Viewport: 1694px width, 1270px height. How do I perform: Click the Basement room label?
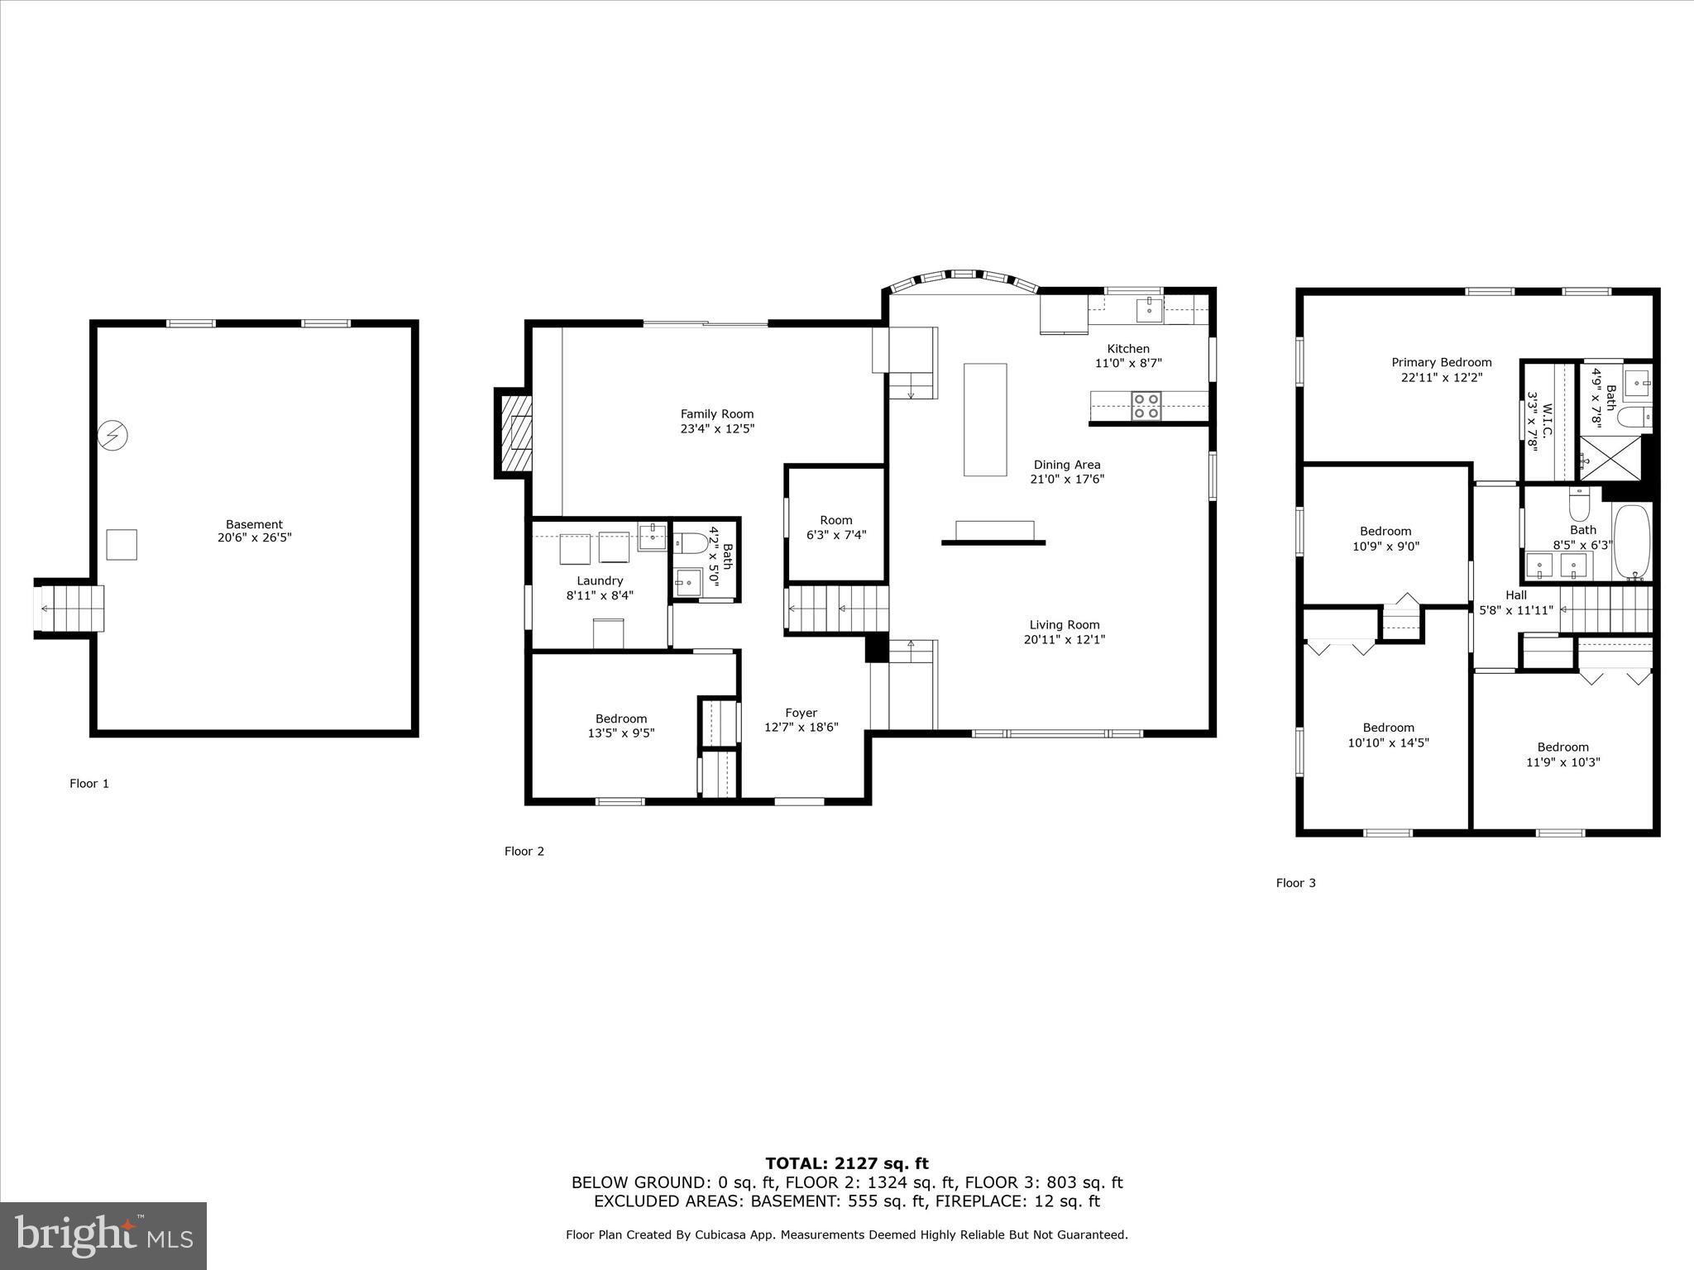[x=254, y=524]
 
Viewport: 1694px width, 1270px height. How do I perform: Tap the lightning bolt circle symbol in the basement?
[x=113, y=435]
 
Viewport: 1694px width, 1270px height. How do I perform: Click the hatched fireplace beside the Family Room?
[x=518, y=433]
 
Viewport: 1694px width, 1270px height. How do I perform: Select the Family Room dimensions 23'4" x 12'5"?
[x=717, y=428]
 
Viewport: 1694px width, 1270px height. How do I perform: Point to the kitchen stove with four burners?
[x=1146, y=406]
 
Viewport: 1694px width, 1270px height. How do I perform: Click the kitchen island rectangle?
[x=985, y=419]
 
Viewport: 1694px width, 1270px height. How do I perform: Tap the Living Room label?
[x=1065, y=625]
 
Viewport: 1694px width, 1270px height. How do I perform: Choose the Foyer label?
[x=801, y=713]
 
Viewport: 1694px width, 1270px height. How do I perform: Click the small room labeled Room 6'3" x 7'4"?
[x=835, y=527]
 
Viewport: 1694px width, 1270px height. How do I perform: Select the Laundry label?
[x=600, y=580]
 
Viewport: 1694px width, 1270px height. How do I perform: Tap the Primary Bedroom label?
[x=1441, y=362]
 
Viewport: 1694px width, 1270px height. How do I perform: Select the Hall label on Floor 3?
[x=1515, y=595]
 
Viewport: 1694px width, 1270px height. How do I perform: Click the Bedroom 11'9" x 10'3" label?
[x=1562, y=747]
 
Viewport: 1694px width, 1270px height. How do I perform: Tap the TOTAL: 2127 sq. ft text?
[x=846, y=1164]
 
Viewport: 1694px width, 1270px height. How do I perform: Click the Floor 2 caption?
[x=524, y=851]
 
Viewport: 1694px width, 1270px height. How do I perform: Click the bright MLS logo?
[x=103, y=1236]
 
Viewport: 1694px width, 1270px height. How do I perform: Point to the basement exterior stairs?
[x=70, y=609]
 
